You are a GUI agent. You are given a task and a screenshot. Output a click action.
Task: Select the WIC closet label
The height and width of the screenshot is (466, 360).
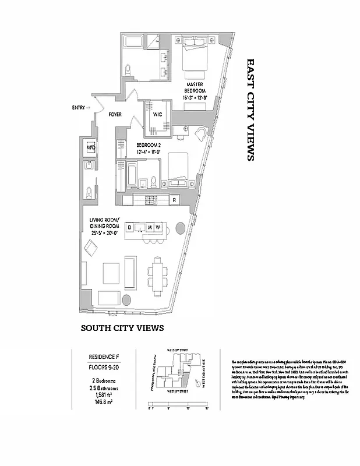click(157, 115)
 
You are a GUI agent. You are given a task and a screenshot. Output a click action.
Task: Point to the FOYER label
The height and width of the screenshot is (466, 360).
click(114, 115)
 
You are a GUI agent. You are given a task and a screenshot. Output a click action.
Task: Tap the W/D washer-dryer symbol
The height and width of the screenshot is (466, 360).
click(91, 148)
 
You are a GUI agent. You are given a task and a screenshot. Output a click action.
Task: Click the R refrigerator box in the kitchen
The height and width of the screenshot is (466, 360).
click(174, 200)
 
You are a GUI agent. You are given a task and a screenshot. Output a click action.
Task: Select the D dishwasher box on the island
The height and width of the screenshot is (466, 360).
click(130, 227)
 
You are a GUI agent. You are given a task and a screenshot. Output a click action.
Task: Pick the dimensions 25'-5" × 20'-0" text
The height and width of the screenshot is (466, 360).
click(105, 232)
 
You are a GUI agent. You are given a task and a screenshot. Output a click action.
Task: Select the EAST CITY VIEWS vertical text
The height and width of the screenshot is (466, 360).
click(250, 109)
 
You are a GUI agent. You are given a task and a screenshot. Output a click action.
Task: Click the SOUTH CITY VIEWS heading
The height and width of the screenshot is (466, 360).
click(122, 329)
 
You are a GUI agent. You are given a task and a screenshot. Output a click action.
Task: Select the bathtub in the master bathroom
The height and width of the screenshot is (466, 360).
click(133, 42)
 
